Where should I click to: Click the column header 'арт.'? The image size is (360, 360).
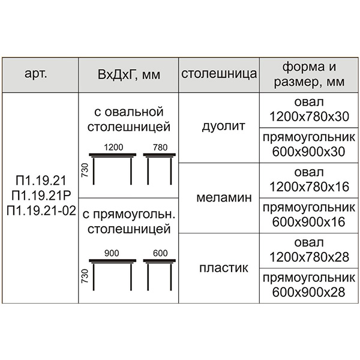click(x=36, y=74)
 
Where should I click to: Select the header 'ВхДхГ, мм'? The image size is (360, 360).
click(x=129, y=74)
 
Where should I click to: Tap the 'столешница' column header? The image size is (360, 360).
click(x=219, y=74)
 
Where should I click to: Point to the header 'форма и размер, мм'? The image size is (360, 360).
click(x=309, y=74)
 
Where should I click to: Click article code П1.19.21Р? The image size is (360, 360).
click(x=41, y=195)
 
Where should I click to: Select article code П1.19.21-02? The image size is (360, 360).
click(x=41, y=210)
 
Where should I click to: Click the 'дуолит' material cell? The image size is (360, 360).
click(x=223, y=126)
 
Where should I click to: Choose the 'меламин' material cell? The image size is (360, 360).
click(x=224, y=197)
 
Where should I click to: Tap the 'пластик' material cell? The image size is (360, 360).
click(x=224, y=268)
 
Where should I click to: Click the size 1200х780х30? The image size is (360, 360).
click(x=309, y=116)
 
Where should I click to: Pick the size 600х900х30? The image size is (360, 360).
click(x=308, y=152)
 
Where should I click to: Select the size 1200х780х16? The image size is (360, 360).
click(x=309, y=187)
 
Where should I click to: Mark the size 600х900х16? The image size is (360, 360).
click(x=308, y=222)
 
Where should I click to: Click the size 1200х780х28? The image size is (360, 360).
click(x=309, y=257)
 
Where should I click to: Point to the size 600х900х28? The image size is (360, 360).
click(x=308, y=292)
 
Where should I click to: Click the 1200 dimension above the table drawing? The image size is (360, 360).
click(x=113, y=147)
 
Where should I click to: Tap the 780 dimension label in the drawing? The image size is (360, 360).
click(x=160, y=148)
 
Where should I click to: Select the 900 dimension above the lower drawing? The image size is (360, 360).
click(x=112, y=253)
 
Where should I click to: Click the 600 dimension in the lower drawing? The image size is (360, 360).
click(x=160, y=253)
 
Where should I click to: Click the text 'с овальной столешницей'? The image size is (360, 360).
click(x=129, y=119)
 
